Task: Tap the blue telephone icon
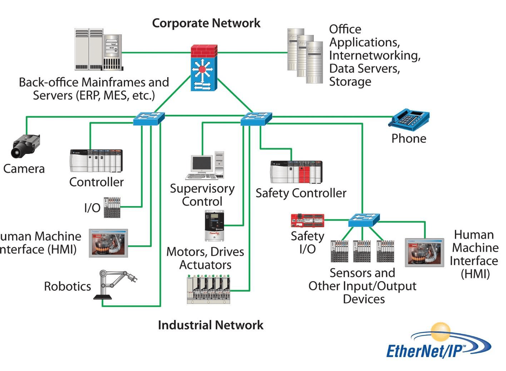[x=409, y=119]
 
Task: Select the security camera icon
[x=25, y=146]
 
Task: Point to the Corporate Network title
[x=206, y=23]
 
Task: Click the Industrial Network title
[x=210, y=325]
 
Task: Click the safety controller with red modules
[x=296, y=172]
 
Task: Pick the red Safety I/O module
[x=307, y=220]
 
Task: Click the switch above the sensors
[x=364, y=220]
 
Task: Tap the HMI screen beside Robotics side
[x=108, y=243]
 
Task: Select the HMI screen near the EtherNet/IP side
[x=424, y=252]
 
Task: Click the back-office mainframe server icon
[x=98, y=50]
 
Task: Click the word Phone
[x=409, y=139]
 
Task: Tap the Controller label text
[x=96, y=182]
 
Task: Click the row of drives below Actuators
[x=208, y=289]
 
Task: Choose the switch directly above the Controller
[x=149, y=118]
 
